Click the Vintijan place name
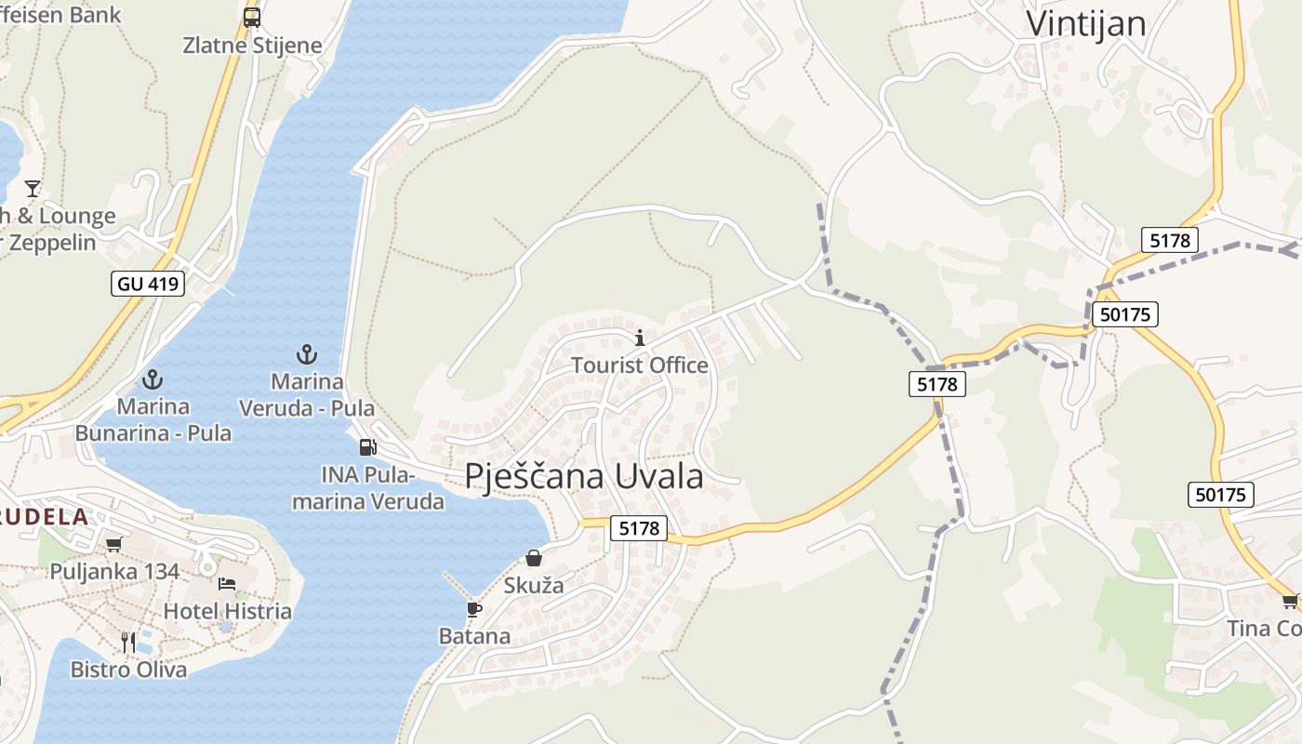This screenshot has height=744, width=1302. pos(1085,24)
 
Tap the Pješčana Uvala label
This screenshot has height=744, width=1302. pos(584,476)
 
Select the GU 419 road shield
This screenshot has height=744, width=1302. pos(148,284)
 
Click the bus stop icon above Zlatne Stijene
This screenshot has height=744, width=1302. pos(252,17)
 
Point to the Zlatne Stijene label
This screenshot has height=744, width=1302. pos(252,45)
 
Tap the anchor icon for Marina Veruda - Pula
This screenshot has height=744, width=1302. pos(307,354)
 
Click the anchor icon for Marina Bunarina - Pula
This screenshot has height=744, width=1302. pos(153,379)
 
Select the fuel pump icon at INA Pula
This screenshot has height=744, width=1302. pos(368,447)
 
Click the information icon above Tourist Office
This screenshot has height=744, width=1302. pos(639,338)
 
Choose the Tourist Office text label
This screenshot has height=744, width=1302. pos(639,365)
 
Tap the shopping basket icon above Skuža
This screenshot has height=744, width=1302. pos(534,558)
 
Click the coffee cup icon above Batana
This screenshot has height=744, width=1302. pos(474,609)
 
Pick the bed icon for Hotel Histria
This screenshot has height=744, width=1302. pos(227,584)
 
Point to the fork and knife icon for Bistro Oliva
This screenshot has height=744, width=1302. pos(128,642)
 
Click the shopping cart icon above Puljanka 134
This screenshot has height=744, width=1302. pos(113,544)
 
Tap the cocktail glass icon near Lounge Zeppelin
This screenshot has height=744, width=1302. pos(33,189)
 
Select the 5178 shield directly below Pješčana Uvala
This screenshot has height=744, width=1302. pos(639,528)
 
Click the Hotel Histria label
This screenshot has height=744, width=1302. pos(227,611)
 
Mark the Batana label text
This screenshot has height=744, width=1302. pos(474,636)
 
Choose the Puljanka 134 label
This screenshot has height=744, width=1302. pos(114,571)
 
